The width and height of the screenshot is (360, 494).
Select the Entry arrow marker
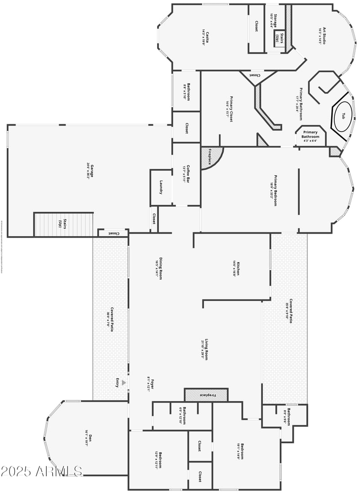click(x=124, y=383)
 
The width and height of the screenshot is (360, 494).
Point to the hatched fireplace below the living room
click(x=207, y=395)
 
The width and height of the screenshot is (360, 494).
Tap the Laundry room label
click(x=161, y=187)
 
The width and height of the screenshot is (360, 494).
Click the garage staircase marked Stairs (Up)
click(x=63, y=224)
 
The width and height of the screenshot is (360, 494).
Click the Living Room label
click(x=205, y=349)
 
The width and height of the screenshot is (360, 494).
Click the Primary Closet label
click(x=231, y=109)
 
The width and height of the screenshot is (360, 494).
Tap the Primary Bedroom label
click(x=273, y=190)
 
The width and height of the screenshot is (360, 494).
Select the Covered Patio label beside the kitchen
click(x=290, y=308)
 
